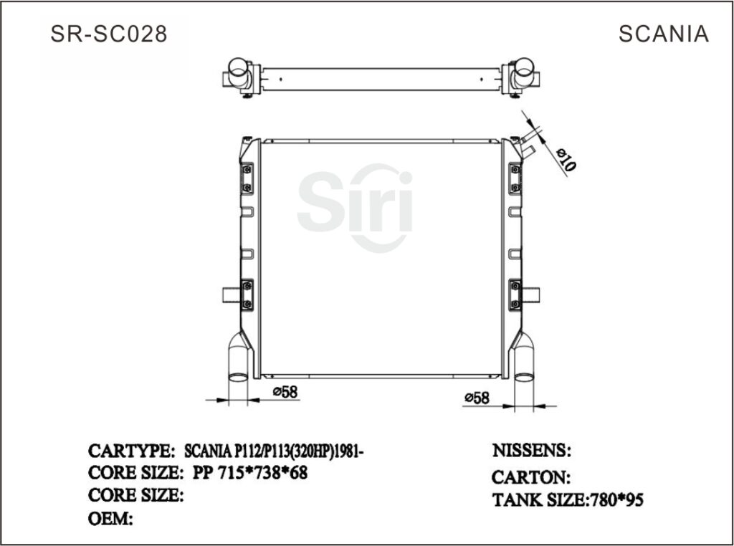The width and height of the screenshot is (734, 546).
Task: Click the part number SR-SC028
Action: (109, 34)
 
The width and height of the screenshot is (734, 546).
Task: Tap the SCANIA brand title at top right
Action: (663, 34)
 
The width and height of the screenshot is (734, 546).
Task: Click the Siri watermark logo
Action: (356, 207)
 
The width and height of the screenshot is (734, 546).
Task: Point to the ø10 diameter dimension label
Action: (566, 158)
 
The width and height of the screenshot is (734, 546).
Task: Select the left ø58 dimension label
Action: (285, 391)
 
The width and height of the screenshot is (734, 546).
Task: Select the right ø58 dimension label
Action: (477, 397)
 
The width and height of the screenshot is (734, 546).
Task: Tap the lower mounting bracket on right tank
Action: (515, 294)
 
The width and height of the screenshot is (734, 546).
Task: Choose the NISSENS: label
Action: (530, 451)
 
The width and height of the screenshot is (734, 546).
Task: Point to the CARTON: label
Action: (530, 477)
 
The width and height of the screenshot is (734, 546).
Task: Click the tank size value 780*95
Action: (616, 500)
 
